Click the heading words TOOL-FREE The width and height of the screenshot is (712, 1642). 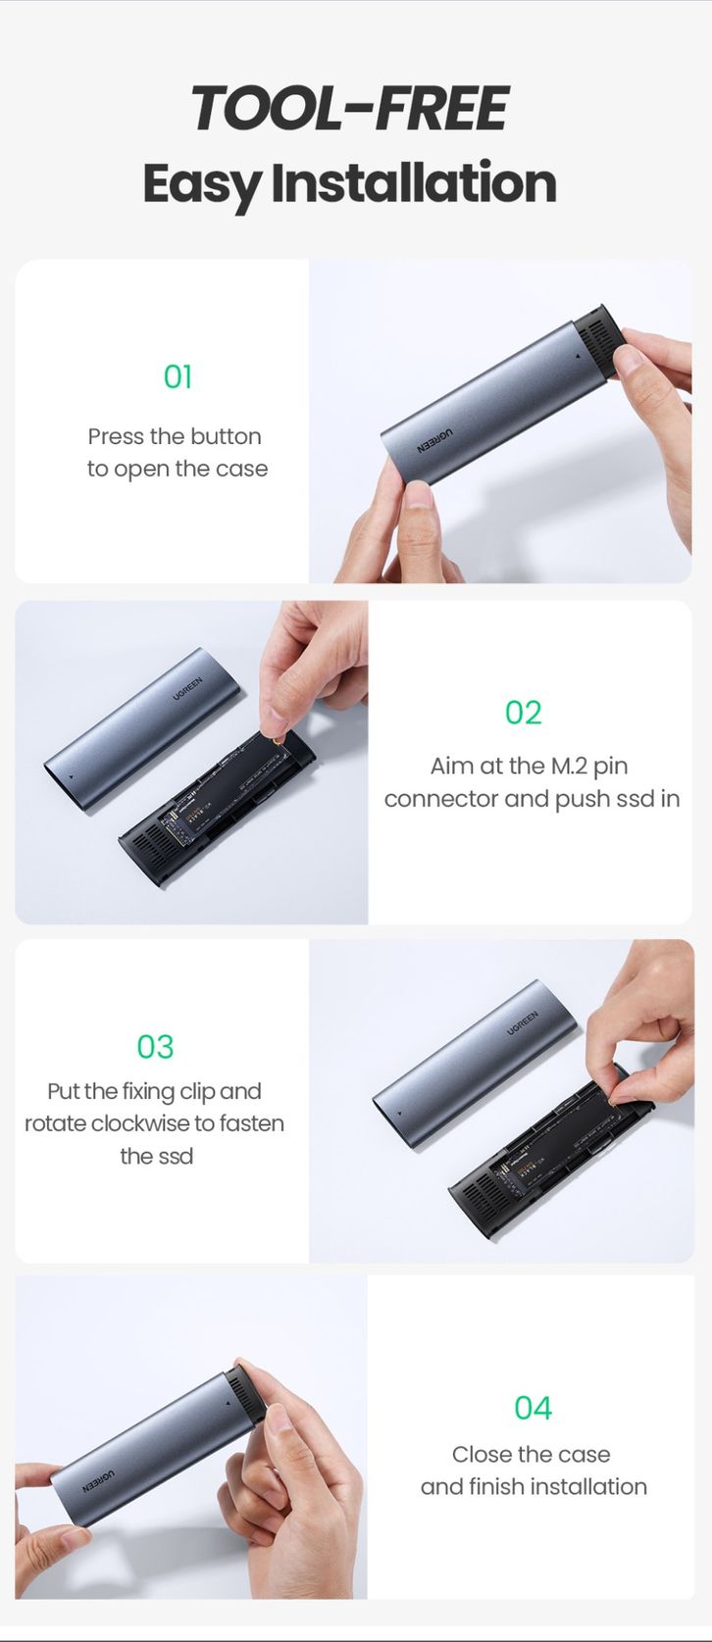tap(350, 109)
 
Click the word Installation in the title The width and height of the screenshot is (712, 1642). tap(414, 183)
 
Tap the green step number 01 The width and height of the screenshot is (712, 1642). tap(178, 376)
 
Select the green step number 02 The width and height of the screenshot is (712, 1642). tap(524, 713)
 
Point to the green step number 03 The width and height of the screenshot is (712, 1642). tap(156, 1047)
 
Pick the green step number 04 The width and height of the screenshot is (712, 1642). tap(534, 1408)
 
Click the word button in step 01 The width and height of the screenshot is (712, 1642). tap(226, 437)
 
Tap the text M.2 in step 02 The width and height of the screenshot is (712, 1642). tap(568, 766)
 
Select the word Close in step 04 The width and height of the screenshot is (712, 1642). tap(483, 1455)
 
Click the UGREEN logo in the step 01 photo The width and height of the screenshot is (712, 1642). tap(434, 440)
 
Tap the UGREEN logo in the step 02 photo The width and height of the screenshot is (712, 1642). tap(187, 689)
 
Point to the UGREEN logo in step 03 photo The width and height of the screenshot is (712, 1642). tap(522, 1023)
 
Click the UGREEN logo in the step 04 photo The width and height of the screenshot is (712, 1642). tap(97, 1481)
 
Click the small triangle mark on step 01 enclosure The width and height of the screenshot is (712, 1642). tap(577, 357)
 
